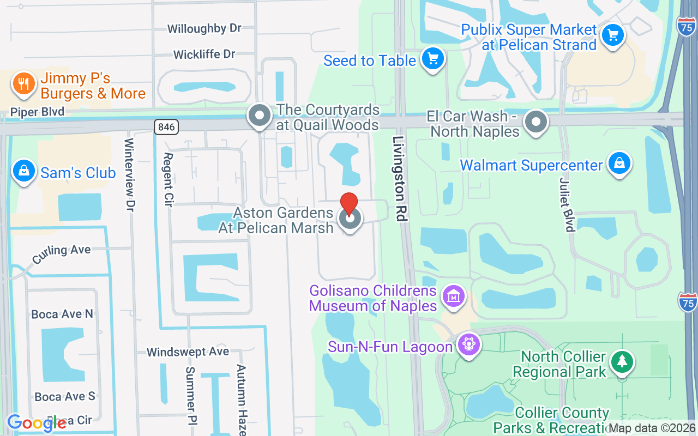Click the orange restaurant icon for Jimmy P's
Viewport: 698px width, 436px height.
pos(23,84)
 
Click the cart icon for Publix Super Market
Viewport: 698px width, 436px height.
pos(612,35)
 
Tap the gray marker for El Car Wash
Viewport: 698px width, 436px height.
pos(536,122)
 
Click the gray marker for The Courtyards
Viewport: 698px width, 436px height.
pos(259,116)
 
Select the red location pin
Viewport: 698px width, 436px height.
pos(349,204)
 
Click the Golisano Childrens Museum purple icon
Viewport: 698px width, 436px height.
pos(454,296)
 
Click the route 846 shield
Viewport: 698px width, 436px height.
pos(166,127)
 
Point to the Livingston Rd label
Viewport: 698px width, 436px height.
pos(400,178)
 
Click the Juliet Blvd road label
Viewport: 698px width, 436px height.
pos(567,204)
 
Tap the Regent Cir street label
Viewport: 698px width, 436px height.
pos(168,179)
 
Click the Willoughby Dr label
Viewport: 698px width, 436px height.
pos(204,28)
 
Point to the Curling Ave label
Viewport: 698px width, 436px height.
pos(61,253)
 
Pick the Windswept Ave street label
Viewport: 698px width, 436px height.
pos(188,352)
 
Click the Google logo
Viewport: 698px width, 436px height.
pos(36,423)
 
